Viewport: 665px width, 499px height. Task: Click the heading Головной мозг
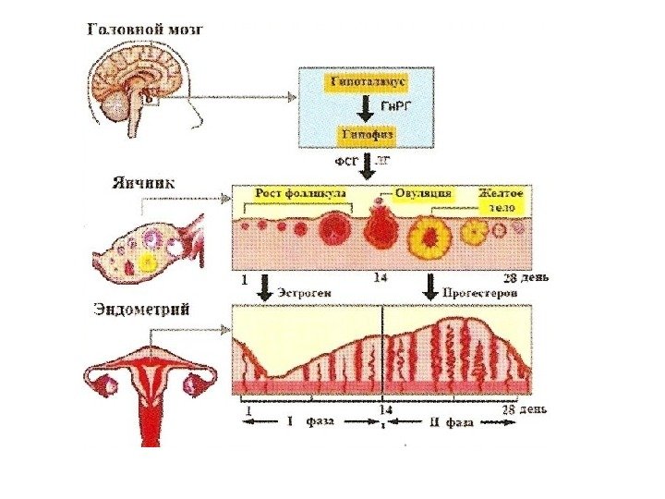coord(145,29)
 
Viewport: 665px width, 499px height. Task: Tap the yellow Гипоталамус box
coord(365,81)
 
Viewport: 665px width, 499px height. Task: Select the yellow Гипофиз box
coord(365,134)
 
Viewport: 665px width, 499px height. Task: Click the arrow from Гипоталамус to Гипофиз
coord(365,108)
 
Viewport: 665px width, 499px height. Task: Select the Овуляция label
coord(422,193)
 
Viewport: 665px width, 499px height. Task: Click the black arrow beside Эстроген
coord(265,286)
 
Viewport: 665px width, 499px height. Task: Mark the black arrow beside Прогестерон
coord(429,286)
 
